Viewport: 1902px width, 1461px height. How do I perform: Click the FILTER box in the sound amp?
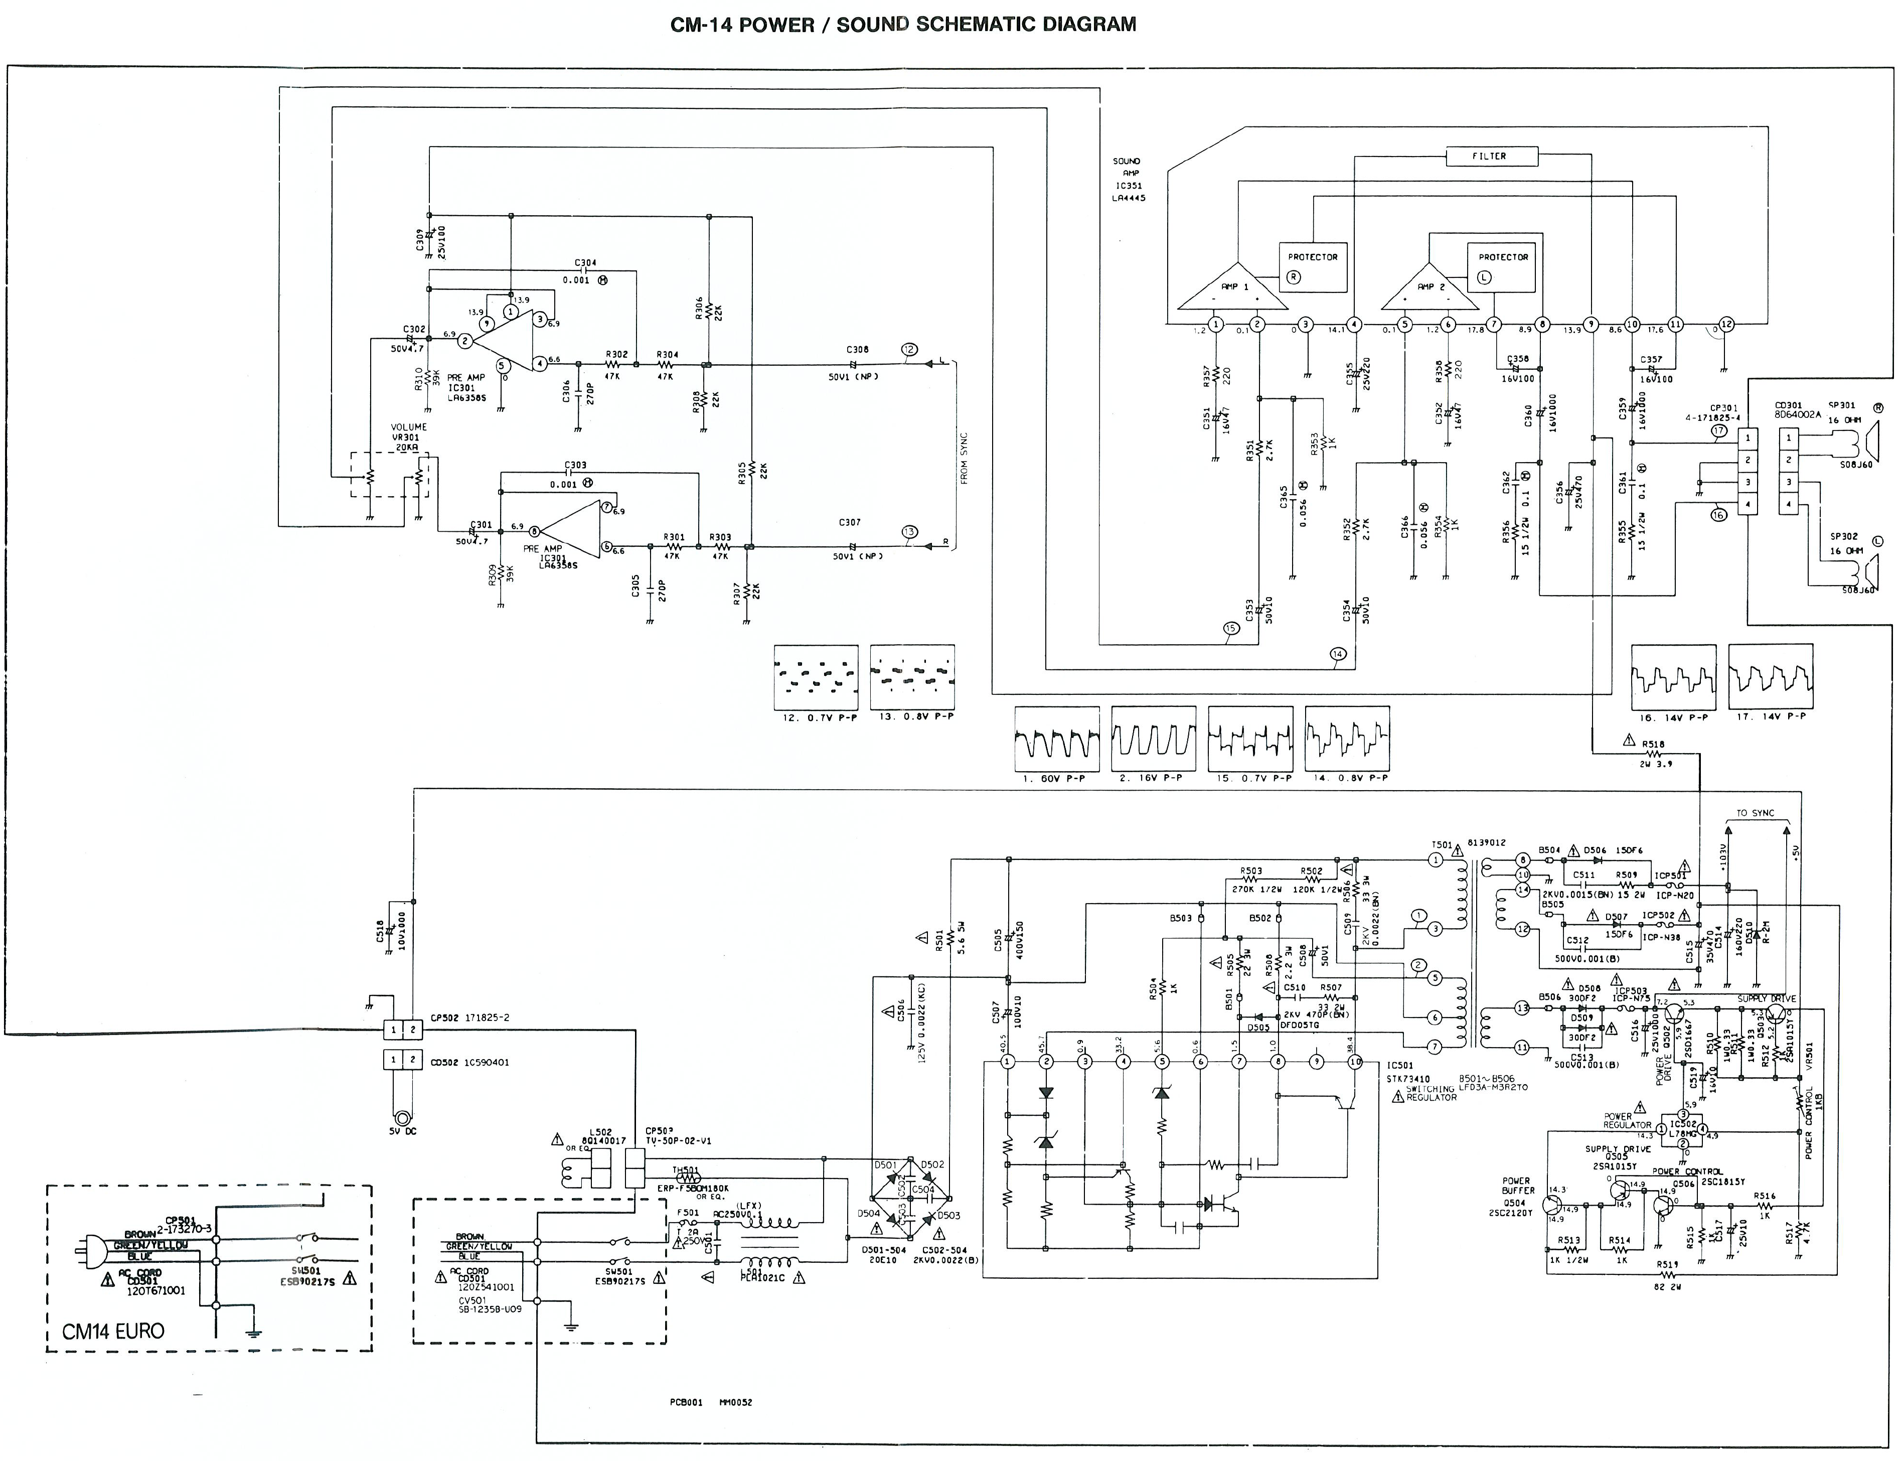(x=1491, y=157)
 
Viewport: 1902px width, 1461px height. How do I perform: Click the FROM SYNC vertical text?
(x=964, y=458)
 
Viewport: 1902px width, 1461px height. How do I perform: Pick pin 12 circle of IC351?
(x=1726, y=325)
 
